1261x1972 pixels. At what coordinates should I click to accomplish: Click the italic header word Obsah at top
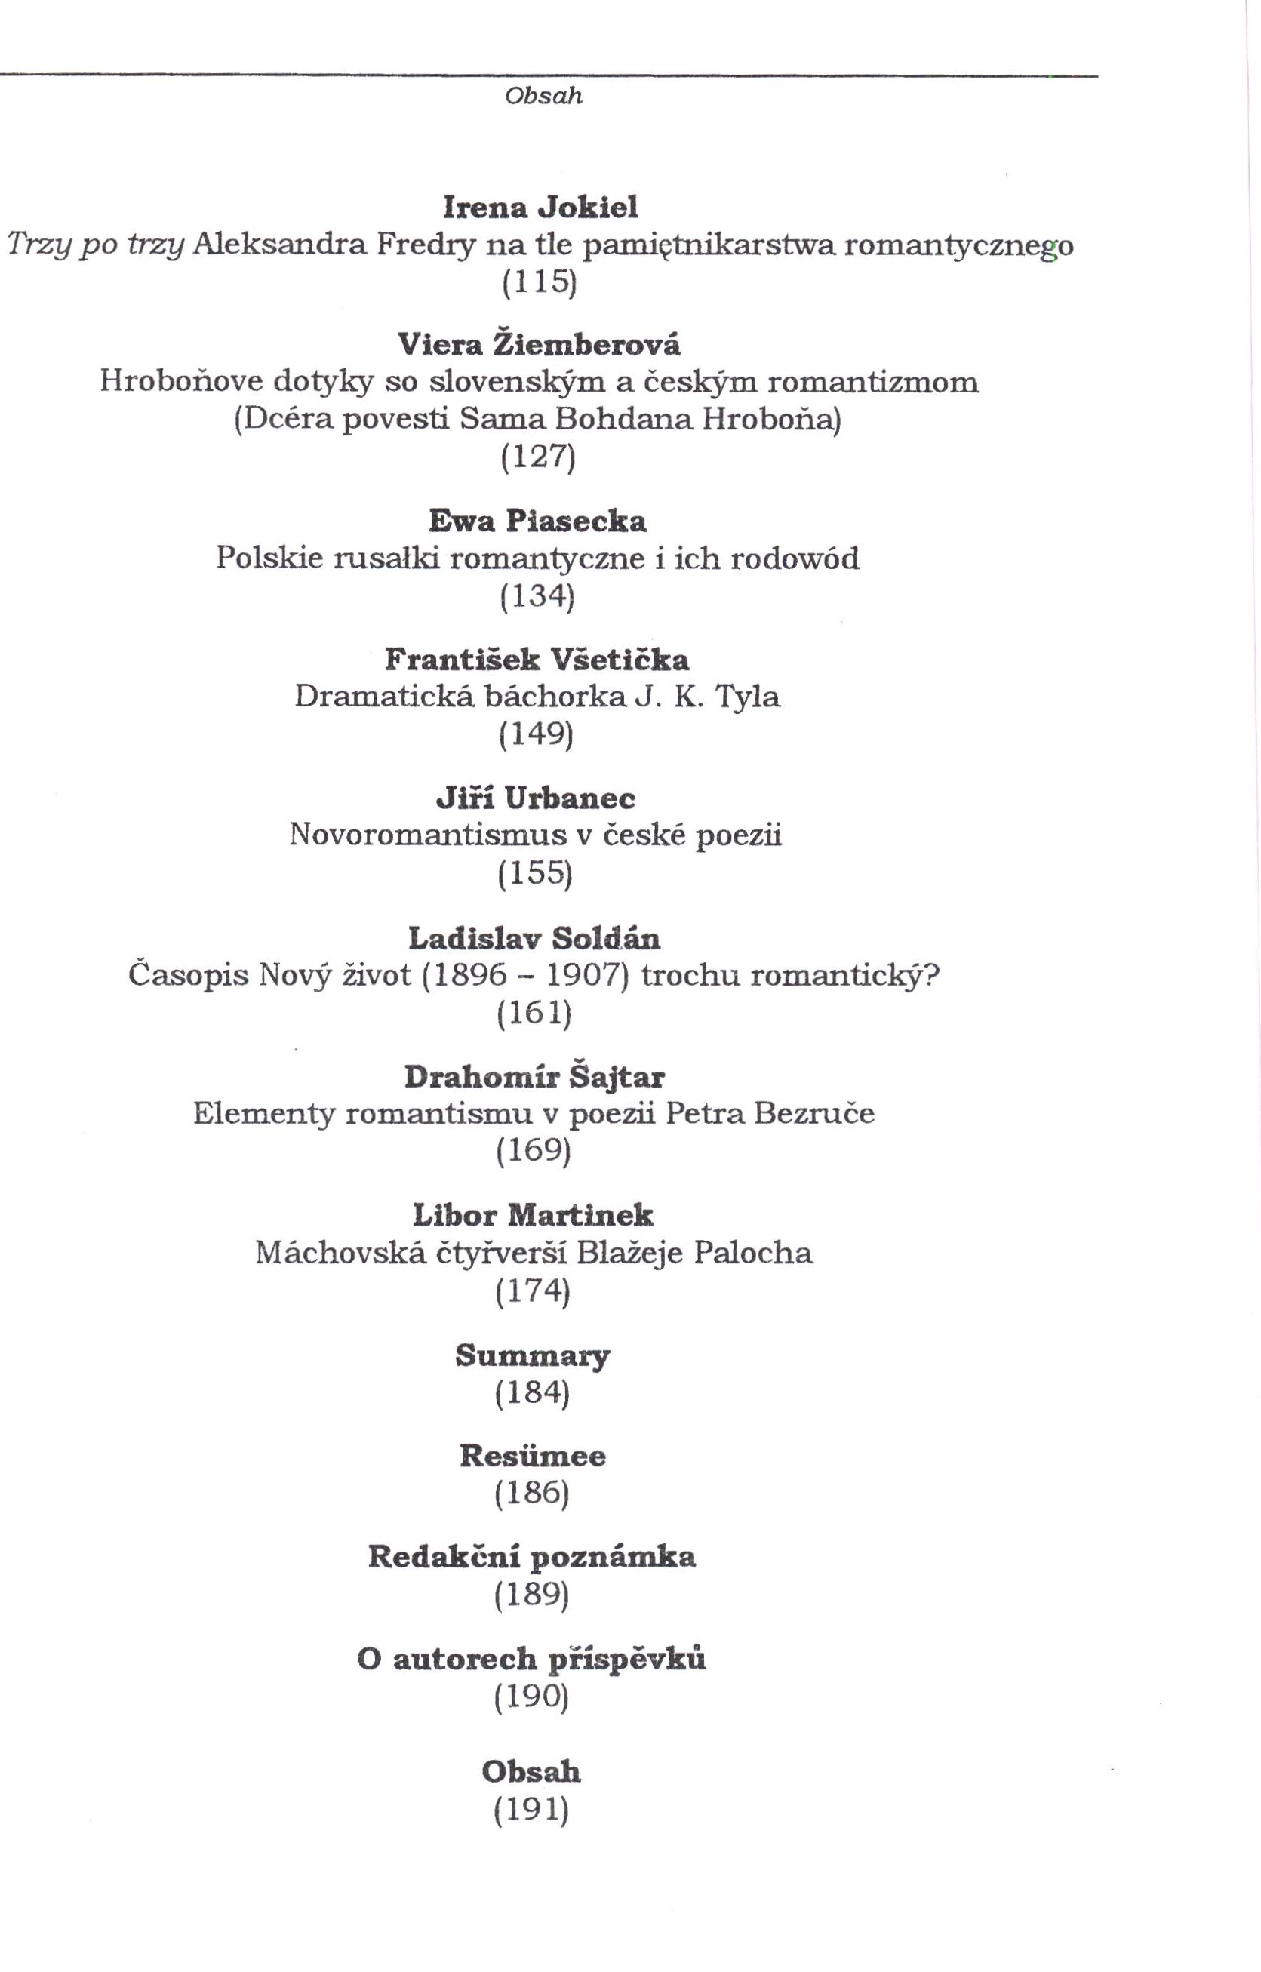[543, 96]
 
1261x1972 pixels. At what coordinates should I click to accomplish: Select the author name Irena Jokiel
[540, 208]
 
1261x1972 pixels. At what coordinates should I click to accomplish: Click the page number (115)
[539, 281]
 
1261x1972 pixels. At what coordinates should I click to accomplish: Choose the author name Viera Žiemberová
[539, 345]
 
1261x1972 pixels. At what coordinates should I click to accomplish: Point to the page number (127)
[538, 456]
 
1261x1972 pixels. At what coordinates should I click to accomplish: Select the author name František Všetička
[537, 660]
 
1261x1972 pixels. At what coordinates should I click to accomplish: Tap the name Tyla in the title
[748, 697]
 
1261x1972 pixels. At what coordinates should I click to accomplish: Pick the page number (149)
[537, 734]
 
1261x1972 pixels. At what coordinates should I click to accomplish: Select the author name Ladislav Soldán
[534, 937]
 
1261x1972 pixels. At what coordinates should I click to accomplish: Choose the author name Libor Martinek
[533, 1215]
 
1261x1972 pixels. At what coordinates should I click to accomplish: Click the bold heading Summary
[533, 1355]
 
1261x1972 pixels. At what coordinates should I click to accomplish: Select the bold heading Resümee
[532, 1456]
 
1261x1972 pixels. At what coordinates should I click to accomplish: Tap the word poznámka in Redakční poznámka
[613, 1558]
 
